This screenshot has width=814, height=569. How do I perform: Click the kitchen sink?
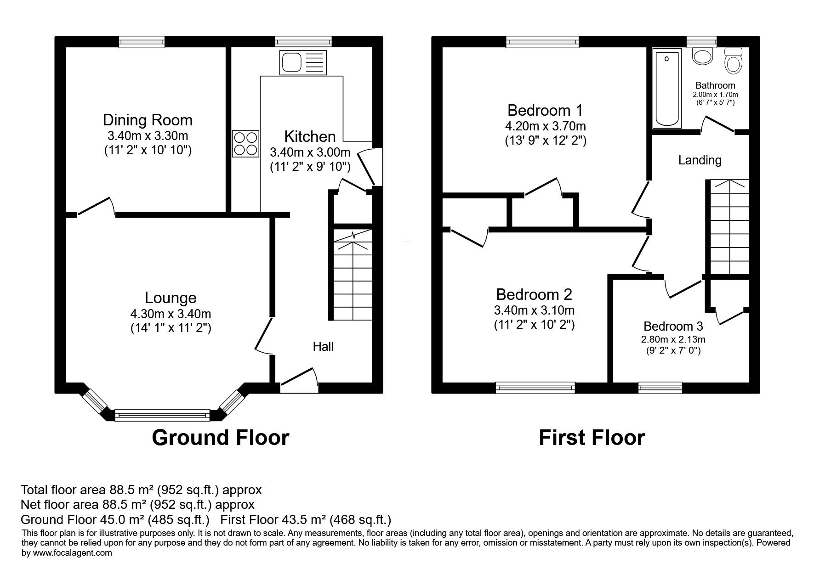[303, 62]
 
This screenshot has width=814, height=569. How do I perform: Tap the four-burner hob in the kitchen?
[246, 144]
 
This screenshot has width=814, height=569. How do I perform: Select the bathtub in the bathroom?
[667, 89]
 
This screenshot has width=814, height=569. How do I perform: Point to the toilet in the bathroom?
[733, 61]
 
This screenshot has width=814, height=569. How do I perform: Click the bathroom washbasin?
[702, 56]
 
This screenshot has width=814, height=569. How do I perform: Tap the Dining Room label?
[148, 120]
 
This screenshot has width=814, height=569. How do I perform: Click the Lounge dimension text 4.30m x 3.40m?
[171, 314]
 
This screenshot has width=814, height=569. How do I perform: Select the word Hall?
[324, 346]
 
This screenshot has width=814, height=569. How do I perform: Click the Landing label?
[700, 160]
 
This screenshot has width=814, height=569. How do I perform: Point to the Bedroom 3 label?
[673, 326]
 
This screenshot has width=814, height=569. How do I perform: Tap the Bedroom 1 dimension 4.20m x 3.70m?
[545, 126]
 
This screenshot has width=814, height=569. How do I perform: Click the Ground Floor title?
[221, 438]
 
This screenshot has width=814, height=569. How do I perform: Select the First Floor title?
[592, 438]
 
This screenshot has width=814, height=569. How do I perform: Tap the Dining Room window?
[142, 42]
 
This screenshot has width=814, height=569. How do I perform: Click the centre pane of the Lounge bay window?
[162, 416]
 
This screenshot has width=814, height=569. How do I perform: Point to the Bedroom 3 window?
[660, 388]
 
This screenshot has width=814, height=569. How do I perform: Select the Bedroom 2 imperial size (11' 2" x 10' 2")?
[535, 325]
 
